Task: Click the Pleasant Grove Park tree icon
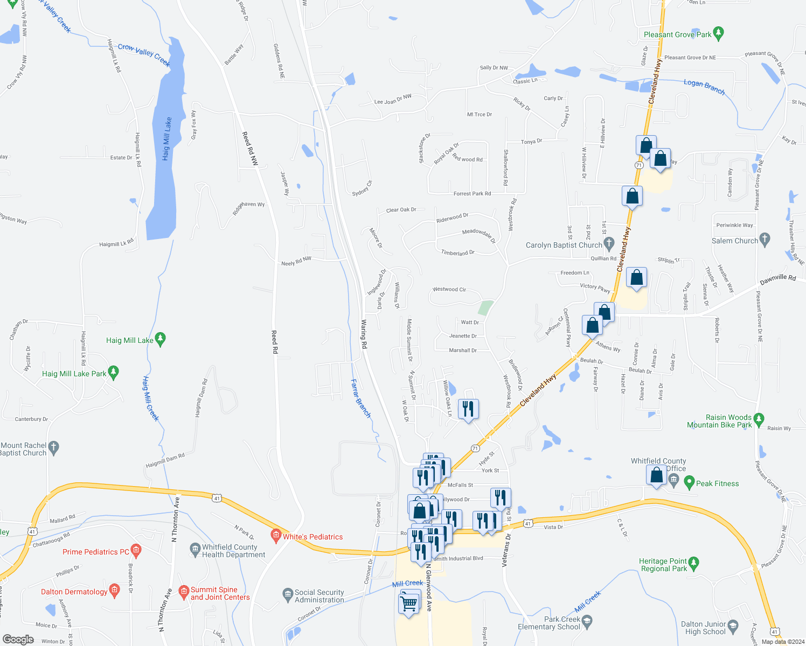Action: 718,34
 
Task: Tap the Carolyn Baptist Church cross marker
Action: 609,244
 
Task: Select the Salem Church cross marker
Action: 764,240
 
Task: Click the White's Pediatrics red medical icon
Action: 276,536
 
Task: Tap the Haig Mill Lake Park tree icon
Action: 113,373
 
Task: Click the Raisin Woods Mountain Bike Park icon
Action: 759,418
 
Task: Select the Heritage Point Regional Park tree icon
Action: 693,564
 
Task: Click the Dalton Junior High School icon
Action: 733,626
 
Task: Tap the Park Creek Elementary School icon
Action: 587,621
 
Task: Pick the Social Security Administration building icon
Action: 288,594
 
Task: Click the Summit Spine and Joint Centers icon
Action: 183,592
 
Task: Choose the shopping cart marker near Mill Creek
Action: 409,604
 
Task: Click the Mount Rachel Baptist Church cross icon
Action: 53,447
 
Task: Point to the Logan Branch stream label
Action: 704,86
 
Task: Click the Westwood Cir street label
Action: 449,290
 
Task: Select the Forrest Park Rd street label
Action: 472,194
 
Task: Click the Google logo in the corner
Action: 19,640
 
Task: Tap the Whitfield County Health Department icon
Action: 195,550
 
